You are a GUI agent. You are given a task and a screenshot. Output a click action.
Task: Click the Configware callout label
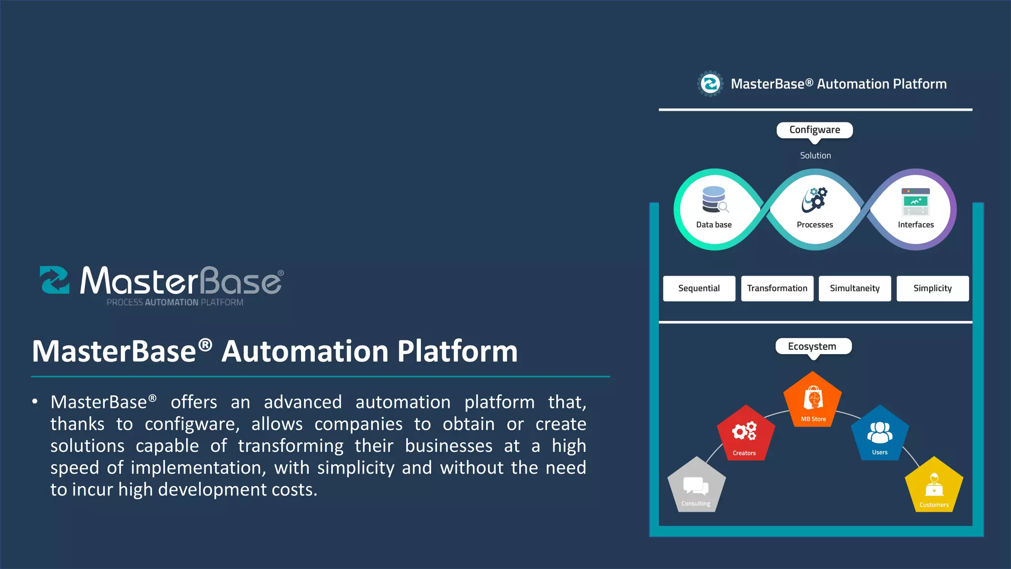pyautogui.click(x=815, y=130)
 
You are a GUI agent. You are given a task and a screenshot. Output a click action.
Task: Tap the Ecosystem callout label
pyautogui.click(x=813, y=346)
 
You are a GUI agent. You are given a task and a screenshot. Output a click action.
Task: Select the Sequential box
pyautogui.click(x=699, y=288)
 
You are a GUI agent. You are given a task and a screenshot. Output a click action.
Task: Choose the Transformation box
pyautogui.click(x=777, y=288)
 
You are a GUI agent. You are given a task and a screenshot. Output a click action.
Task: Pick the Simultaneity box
pyautogui.click(x=855, y=288)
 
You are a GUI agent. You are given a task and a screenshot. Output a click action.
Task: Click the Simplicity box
pyautogui.click(x=933, y=288)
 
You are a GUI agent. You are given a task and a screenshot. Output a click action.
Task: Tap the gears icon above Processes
pyautogui.click(x=815, y=200)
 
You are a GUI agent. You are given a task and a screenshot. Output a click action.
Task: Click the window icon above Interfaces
pyautogui.click(x=916, y=202)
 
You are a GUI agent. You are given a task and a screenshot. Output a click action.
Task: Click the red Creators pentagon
pyautogui.click(x=745, y=434)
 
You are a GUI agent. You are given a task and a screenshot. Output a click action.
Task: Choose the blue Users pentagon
pyautogui.click(x=880, y=434)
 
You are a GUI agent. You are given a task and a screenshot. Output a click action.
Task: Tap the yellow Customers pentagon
pyautogui.click(x=934, y=486)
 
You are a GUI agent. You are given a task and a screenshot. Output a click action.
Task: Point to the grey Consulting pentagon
pyautogui.click(x=696, y=486)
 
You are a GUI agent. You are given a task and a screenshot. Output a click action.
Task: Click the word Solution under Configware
pyautogui.click(x=816, y=156)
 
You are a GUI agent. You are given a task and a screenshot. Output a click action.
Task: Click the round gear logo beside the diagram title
pyautogui.click(x=710, y=84)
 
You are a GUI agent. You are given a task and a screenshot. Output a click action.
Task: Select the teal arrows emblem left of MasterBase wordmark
pyautogui.click(x=54, y=280)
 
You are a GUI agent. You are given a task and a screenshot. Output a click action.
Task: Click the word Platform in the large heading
pyautogui.click(x=457, y=351)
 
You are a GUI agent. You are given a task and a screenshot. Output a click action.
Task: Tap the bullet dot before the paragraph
pyautogui.click(x=35, y=402)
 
